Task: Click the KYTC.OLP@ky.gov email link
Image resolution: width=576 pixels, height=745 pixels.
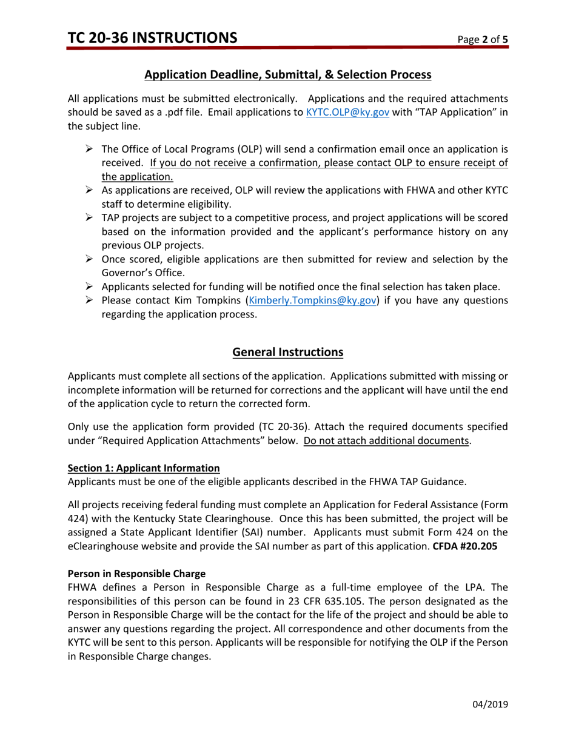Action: tap(347, 112)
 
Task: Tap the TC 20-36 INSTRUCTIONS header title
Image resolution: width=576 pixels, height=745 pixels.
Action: tap(153, 38)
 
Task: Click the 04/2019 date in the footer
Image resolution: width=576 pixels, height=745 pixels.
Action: tap(490, 704)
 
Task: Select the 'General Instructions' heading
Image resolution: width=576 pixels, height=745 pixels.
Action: tap(288, 352)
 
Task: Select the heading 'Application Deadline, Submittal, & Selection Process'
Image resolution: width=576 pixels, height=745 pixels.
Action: tap(288, 75)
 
